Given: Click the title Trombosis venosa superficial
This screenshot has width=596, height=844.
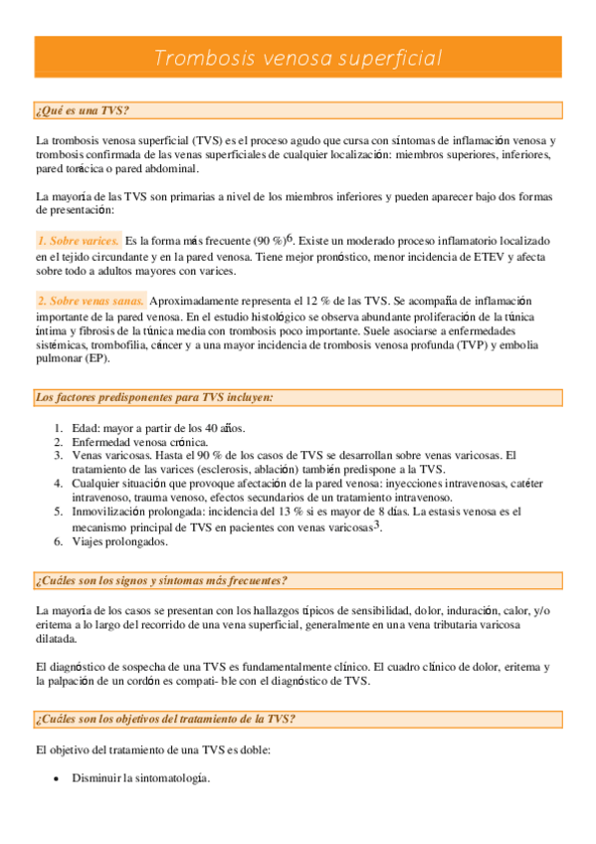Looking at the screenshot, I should click(x=298, y=58).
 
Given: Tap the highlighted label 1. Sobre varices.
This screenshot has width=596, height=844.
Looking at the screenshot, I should click(x=79, y=241).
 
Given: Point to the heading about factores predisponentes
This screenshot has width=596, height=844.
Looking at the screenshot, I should click(x=153, y=397).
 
